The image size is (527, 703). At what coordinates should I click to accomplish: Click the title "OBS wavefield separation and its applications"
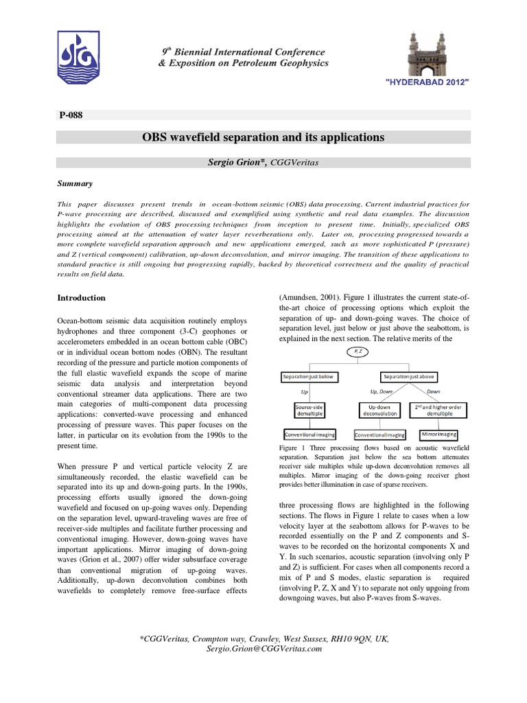tap(263, 137)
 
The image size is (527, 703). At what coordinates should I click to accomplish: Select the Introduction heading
tap(81, 298)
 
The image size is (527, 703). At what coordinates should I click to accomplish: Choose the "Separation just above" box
tap(408, 377)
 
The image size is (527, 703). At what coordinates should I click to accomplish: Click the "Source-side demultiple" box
tap(309, 411)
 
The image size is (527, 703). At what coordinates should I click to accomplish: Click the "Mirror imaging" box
tap(437, 435)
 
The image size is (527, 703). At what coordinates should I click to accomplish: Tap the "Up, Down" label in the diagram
tap(375, 392)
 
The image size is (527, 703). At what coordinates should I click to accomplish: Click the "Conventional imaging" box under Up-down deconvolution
tap(379, 435)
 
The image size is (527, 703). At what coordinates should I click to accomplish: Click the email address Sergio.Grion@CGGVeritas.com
tap(263, 649)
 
